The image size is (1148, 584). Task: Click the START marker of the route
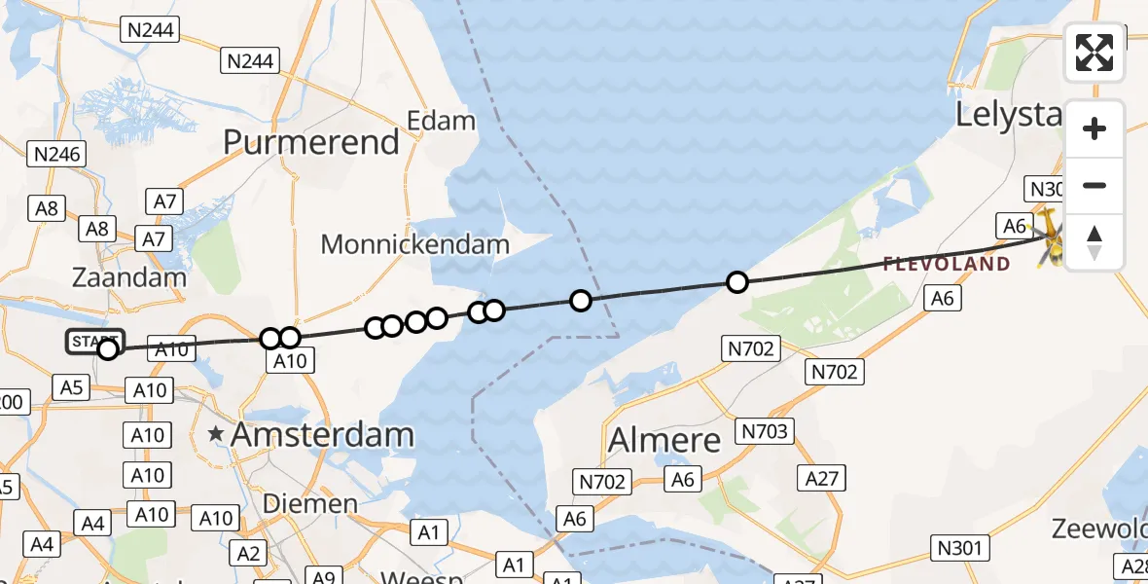[x=95, y=342]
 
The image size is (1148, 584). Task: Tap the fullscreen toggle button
[x=1094, y=53]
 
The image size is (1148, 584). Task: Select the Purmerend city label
[x=311, y=142]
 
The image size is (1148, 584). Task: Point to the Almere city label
[x=664, y=440]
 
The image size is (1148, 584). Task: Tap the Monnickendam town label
[x=415, y=244]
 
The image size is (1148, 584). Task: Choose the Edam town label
[x=441, y=122]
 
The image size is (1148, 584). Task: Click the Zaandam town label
[x=129, y=277]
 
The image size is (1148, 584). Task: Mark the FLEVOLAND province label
[x=946, y=264]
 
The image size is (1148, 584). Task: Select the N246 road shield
[x=57, y=154]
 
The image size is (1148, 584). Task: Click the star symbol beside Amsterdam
[x=216, y=434]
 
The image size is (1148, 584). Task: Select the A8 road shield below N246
[x=47, y=207]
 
